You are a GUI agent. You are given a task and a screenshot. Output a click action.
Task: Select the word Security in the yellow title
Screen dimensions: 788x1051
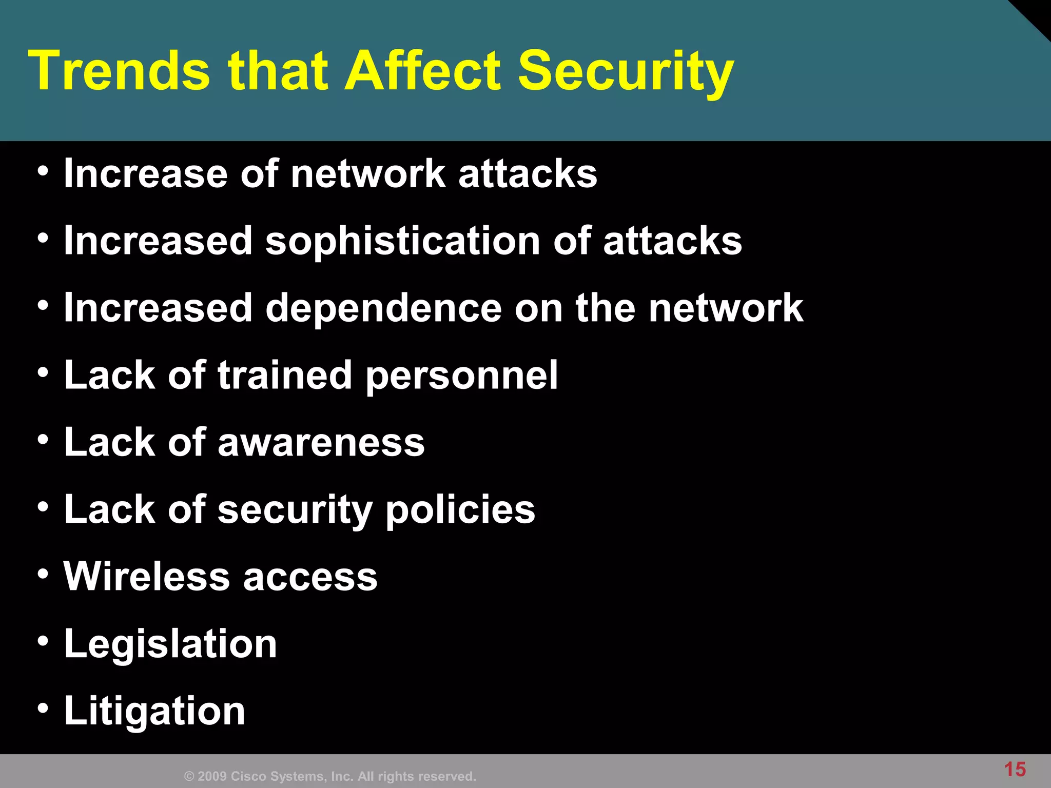pos(626,72)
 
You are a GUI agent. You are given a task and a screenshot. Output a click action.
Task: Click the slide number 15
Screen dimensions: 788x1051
pos(1015,770)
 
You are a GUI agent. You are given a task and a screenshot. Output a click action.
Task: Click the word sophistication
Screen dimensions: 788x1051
pos(402,241)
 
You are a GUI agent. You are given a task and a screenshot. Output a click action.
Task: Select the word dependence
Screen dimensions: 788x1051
pos(383,308)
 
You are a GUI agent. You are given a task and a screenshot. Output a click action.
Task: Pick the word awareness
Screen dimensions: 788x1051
pos(321,442)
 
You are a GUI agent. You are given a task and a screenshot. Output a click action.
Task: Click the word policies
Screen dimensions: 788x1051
pos(460,510)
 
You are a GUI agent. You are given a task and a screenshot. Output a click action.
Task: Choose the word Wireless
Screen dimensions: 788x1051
pos(147,576)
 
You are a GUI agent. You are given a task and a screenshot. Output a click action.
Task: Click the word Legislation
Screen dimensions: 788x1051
pos(170,644)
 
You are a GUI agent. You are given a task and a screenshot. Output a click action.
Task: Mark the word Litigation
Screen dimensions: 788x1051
pos(154,712)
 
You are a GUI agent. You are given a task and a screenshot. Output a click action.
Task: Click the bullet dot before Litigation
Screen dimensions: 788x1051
pos(44,708)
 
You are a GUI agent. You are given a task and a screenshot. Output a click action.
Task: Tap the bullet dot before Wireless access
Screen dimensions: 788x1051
pos(44,574)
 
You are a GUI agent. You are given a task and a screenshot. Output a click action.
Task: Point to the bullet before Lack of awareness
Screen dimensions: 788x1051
pos(44,440)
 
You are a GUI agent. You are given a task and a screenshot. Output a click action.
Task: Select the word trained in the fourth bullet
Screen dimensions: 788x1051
pos(285,375)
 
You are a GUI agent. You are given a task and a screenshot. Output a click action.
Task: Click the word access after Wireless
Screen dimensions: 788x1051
pos(310,577)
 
